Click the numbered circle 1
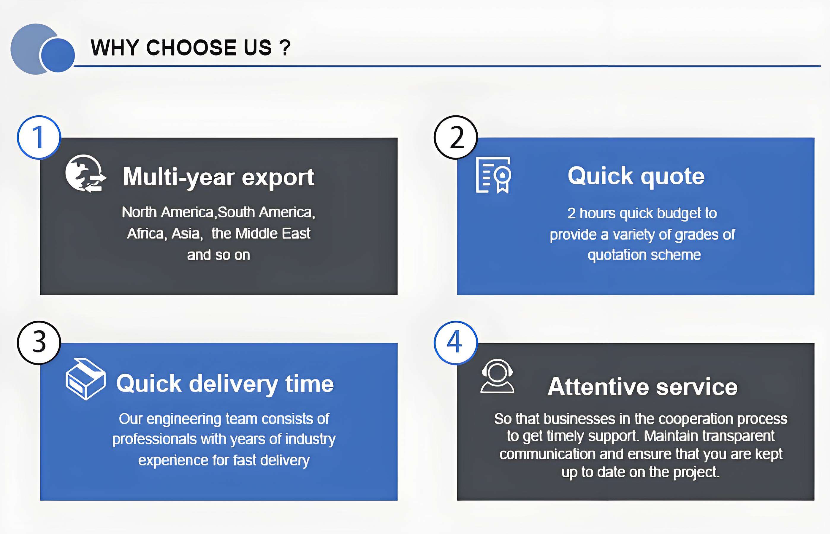pyautogui.click(x=39, y=137)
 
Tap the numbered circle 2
pyautogui.click(x=456, y=137)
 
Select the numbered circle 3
pyautogui.click(x=39, y=343)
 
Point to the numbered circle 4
pyautogui.click(x=456, y=343)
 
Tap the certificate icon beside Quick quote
pyautogui.click(x=493, y=175)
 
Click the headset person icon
pyautogui.click(x=497, y=376)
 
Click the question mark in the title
pyautogui.click(x=286, y=47)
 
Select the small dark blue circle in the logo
pyautogui.click(x=57, y=55)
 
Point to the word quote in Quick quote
pyautogui.click(x=672, y=177)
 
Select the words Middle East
pyautogui.click(x=273, y=233)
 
